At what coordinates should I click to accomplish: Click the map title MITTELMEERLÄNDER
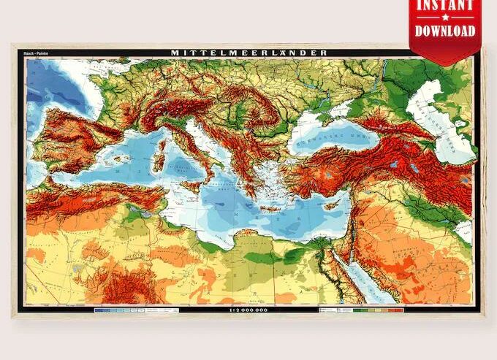pyautogui.click(x=248, y=53)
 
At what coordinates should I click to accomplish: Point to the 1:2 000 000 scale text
pyautogui.click(x=248, y=310)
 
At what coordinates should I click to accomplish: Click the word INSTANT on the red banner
pyautogui.click(x=445, y=6)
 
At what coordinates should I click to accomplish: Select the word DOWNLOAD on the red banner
pyautogui.click(x=445, y=31)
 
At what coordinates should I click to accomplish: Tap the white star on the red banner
pyautogui.click(x=445, y=18)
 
